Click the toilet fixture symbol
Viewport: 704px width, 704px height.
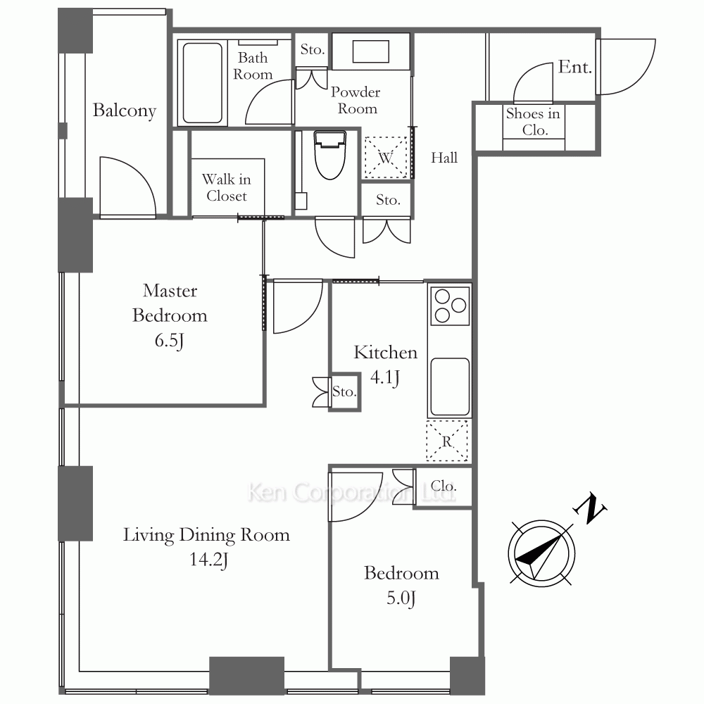[330, 155]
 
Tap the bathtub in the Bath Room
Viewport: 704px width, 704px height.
[203, 82]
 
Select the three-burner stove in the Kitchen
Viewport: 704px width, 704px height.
[450, 306]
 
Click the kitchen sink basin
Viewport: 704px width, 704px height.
[450, 386]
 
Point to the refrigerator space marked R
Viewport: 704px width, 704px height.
[447, 441]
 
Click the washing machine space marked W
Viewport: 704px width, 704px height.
[385, 158]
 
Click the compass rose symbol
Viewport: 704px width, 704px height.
[541, 553]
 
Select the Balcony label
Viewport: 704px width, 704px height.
[125, 111]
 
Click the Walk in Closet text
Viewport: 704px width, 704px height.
[226, 188]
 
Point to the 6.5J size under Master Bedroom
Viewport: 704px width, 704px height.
[169, 341]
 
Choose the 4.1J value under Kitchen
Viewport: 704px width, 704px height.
[385, 377]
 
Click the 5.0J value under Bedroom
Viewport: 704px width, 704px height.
[401, 598]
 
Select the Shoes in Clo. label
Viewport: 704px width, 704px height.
[533, 122]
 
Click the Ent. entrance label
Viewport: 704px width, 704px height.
[575, 68]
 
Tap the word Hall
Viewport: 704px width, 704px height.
[444, 158]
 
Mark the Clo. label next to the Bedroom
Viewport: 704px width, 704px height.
[444, 486]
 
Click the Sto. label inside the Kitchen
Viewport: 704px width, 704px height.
[344, 391]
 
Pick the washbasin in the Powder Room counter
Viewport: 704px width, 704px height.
[370, 51]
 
